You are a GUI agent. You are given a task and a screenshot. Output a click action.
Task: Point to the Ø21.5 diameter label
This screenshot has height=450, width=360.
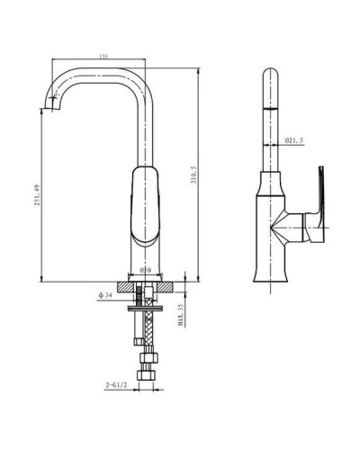click(x=295, y=140)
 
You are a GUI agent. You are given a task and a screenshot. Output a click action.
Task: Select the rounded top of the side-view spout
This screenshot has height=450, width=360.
click(x=269, y=74)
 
